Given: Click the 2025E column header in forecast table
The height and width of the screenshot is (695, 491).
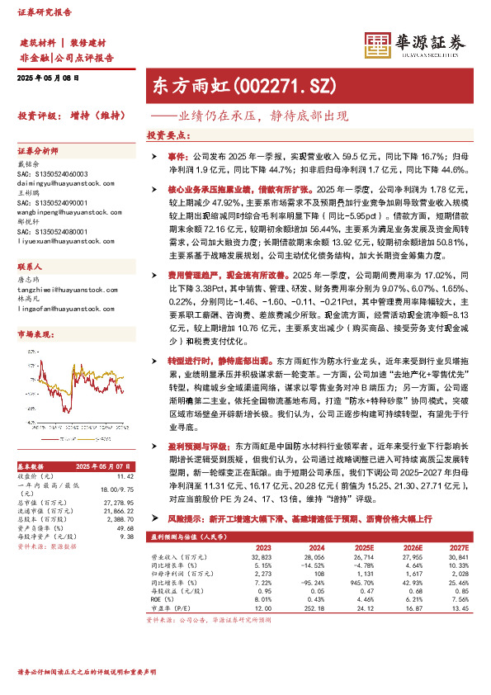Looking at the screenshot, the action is click(361, 546).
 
